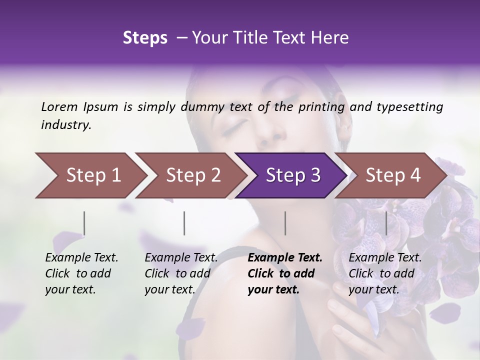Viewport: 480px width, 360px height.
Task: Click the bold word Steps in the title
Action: pyautogui.click(x=145, y=37)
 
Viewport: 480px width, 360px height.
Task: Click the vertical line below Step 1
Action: pyautogui.click(x=84, y=223)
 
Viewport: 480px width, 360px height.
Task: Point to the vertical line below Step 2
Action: pyautogui.click(x=184, y=223)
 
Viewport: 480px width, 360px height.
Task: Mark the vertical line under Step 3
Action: pyautogui.click(x=285, y=223)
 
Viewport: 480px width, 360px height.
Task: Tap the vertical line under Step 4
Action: pyautogui.click(x=386, y=223)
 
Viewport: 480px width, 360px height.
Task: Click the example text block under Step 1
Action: pyautogui.click(x=81, y=273)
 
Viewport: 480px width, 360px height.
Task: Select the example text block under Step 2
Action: pyautogui.click(x=181, y=273)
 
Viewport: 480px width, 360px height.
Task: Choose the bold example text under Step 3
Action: pyautogui.click(x=285, y=273)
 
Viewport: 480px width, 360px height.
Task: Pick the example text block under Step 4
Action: pyautogui.click(x=385, y=273)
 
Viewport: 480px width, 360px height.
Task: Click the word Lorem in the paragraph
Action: pyautogui.click(x=59, y=106)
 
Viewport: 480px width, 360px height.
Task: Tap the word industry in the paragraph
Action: pyautogui.click(x=65, y=125)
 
